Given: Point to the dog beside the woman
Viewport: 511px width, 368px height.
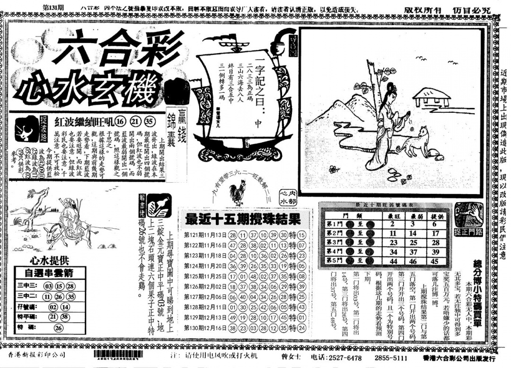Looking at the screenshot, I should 415,142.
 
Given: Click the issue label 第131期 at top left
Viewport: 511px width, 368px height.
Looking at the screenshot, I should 53,8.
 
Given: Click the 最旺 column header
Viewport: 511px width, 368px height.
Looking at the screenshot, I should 392,215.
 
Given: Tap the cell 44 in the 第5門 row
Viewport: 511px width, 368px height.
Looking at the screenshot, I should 392,260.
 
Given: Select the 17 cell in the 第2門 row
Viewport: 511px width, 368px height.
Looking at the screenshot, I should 434,233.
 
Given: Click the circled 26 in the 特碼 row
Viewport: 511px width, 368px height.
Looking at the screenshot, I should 59,327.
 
